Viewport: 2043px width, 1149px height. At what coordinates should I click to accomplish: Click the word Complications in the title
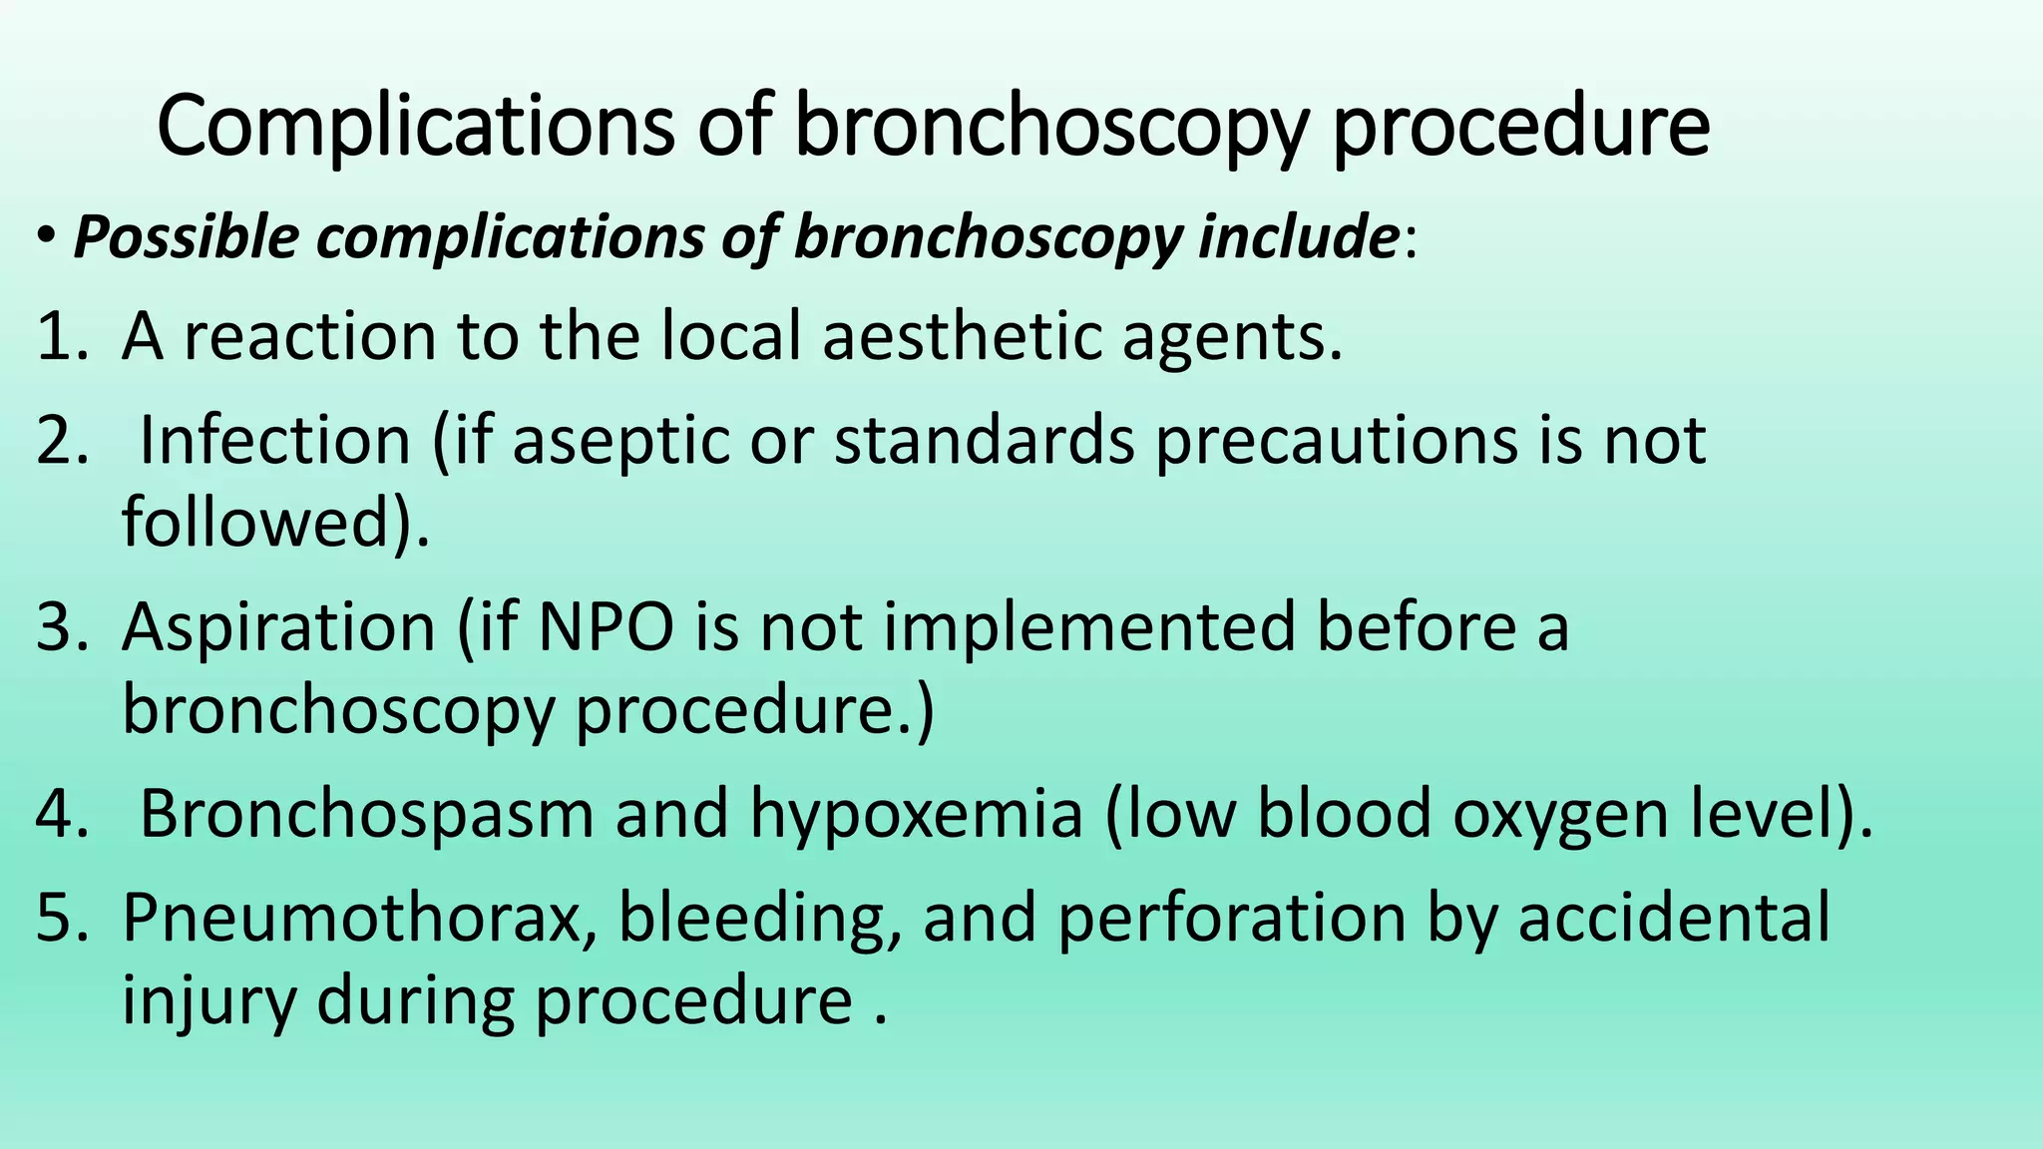tap(415, 128)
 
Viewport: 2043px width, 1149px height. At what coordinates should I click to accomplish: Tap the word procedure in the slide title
tap(1520, 128)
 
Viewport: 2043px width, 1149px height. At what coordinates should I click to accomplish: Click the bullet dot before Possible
tap(47, 237)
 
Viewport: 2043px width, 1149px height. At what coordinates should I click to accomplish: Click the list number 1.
tap(62, 336)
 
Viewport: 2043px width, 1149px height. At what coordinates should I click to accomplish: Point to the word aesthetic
tap(962, 336)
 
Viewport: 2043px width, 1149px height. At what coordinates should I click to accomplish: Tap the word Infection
tap(275, 440)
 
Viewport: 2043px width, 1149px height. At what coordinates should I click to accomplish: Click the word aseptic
tap(621, 440)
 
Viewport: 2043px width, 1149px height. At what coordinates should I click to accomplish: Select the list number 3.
tap(62, 627)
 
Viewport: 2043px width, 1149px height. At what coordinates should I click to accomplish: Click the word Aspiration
tap(278, 627)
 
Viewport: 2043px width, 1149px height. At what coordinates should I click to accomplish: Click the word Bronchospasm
tap(366, 814)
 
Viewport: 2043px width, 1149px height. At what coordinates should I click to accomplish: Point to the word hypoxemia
tap(916, 814)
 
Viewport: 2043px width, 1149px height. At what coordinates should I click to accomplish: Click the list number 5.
tap(62, 918)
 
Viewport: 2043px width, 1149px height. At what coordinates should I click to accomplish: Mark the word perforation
tap(1231, 918)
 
